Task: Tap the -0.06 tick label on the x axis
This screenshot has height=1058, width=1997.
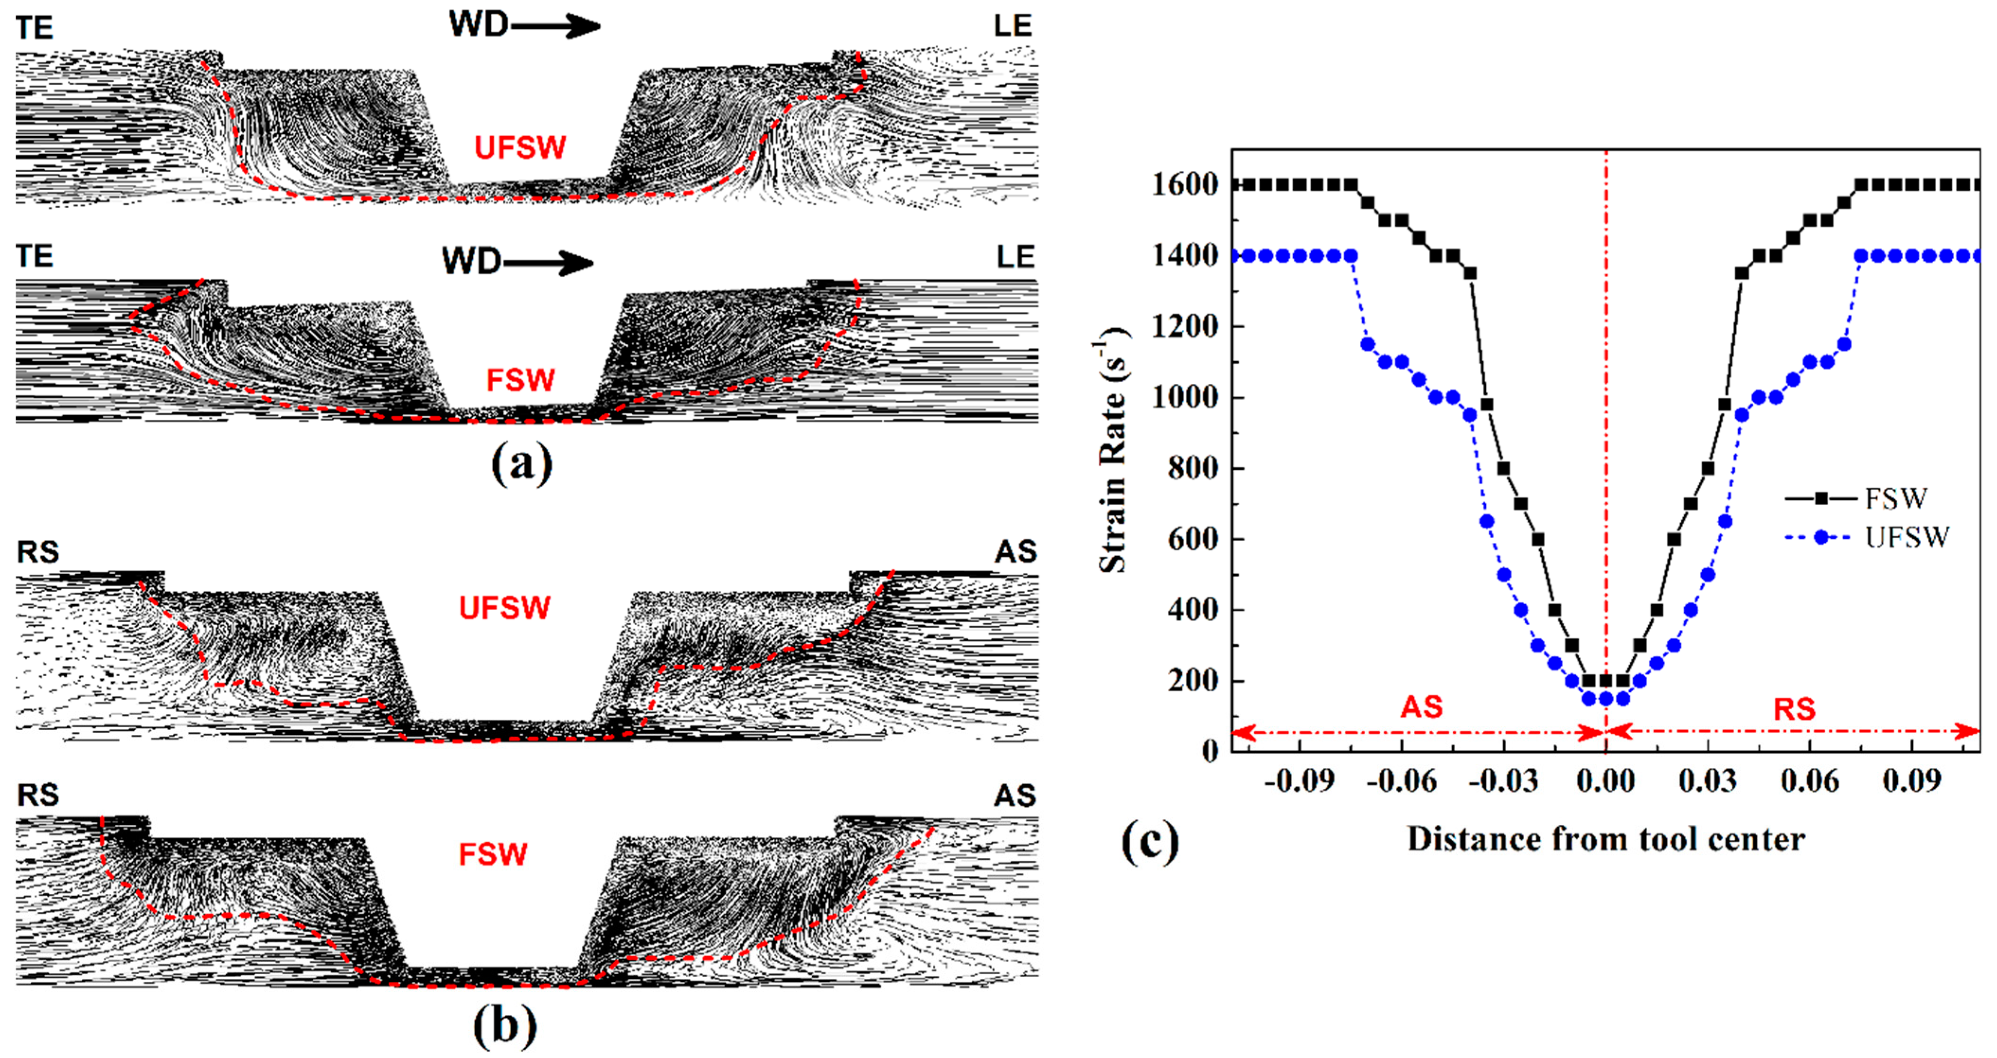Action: point(1401,781)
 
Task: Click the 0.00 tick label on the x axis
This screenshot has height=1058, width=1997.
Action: point(1606,781)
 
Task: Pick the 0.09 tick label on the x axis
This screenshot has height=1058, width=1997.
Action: point(1912,781)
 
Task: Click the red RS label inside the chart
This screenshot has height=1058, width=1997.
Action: point(1795,708)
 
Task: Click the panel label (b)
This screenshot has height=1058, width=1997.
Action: point(505,1026)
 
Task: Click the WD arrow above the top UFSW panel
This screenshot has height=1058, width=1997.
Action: point(524,26)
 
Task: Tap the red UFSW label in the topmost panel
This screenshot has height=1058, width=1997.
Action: point(520,147)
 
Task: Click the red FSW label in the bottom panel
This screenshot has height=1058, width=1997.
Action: point(493,854)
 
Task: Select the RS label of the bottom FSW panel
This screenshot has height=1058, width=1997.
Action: point(38,795)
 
